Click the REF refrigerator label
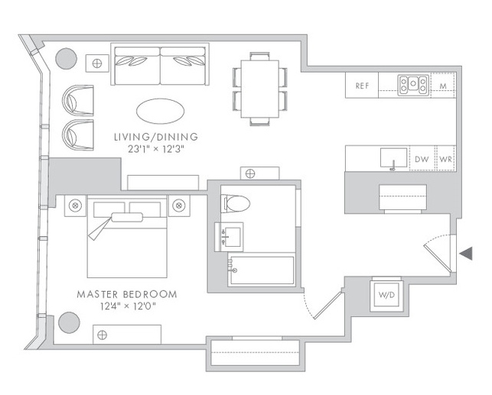click(x=362, y=86)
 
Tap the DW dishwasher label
click(x=422, y=159)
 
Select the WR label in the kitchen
click(x=446, y=159)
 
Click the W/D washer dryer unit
click(x=386, y=295)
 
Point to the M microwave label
click(x=443, y=86)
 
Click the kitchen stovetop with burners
click(x=413, y=85)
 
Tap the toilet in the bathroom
click(x=236, y=203)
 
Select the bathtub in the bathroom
click(x=262, y=270)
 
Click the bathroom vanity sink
click(x=230, y=237)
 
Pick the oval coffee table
click(x=161, y=111)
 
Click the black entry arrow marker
click(x=466, y=253)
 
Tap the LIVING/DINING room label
click(x=156, y=137)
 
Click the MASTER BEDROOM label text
click(x=127, y=294)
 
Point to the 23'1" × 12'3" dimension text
click(x=156, y=149)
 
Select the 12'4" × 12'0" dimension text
click(x=128, y=306)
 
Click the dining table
click(x=260, y=89)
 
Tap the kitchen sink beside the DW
click(x=394, y=158)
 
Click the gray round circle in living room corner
click(x=67, y=59)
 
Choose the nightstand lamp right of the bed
click(x=179, y=206)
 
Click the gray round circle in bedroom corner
click(x=69, y=322)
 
